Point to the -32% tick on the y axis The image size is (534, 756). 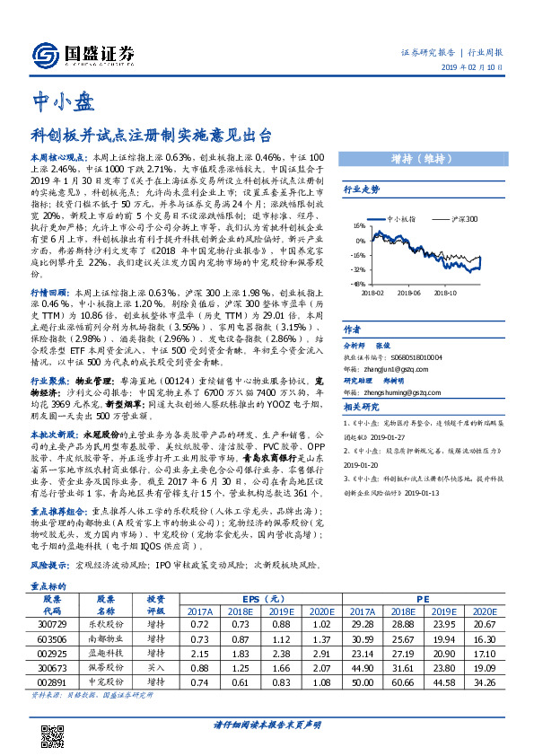358,268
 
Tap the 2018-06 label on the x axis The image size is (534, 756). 407,291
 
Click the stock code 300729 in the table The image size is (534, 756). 51,622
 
